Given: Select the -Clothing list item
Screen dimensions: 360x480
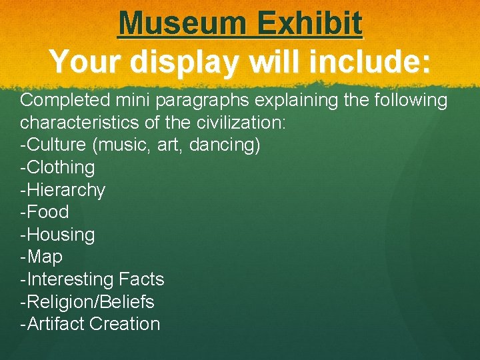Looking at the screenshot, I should point(57,167).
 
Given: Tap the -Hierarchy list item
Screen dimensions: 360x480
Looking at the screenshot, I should point(63,190).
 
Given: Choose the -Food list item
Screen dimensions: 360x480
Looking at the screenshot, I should point(44,212).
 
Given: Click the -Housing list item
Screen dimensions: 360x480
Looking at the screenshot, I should point(57,235).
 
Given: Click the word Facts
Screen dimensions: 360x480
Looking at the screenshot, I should point(141,279).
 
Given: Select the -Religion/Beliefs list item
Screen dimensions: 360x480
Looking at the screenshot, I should point(87,301).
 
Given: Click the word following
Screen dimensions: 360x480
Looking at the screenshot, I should point(407,101).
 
